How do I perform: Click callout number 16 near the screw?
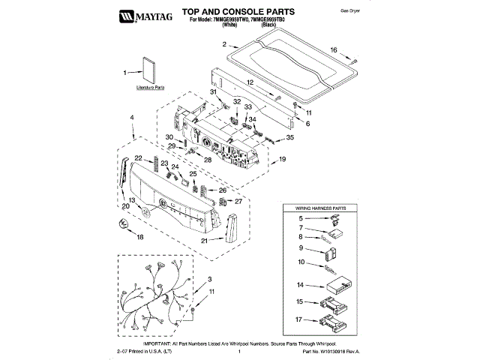tap(355, 50)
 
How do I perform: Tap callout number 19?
tap(283, 160)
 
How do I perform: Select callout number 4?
tap(132, 118)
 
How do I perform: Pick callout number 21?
tap(204, 241)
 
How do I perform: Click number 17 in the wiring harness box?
tap(299, 320)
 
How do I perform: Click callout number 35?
tap(291, 138)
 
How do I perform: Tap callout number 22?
tap(138, 157)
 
